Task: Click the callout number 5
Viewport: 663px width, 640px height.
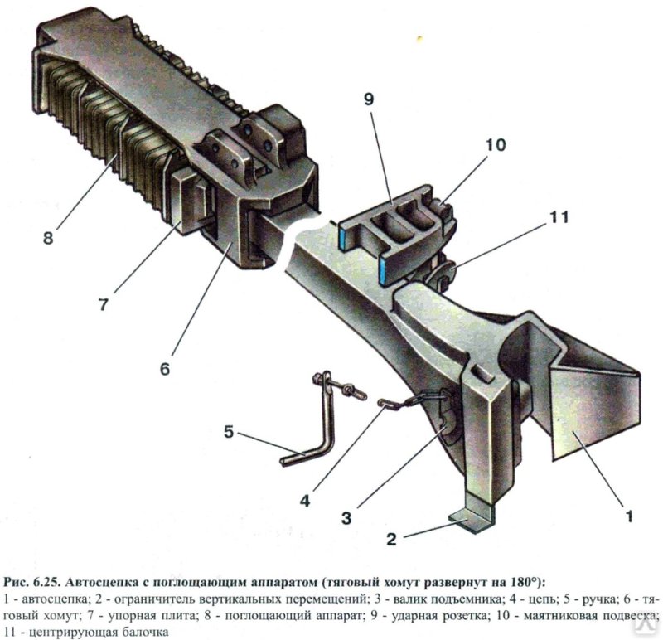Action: pyautogui.click(x=229, y=432)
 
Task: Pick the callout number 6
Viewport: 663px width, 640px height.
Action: pyautogui.click(x=165, y=368)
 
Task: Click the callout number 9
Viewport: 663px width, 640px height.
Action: pyautogui.click(x=368, y=99)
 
